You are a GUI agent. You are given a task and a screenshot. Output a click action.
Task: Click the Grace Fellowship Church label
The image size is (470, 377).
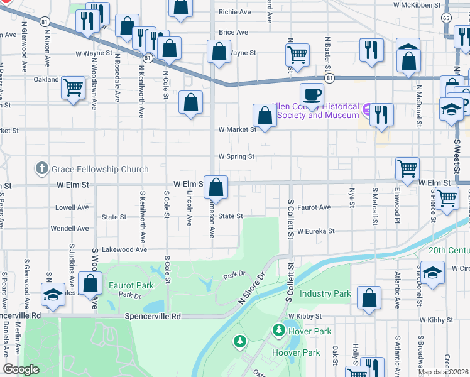(100, 169)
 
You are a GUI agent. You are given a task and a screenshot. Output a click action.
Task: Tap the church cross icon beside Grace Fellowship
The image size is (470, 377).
(42, 168)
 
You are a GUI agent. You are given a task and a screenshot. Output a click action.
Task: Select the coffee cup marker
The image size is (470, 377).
(312, 95)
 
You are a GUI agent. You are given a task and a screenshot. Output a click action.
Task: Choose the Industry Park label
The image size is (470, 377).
(325, 293)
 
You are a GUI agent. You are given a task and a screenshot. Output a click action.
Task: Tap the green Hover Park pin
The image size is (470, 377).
(278, 329)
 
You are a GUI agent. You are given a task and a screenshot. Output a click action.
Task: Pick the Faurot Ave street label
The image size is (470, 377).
(314, 207)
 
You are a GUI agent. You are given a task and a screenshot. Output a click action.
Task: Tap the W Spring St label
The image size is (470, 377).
(236, 156)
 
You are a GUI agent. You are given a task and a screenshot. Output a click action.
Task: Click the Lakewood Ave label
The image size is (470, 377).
(124, 249)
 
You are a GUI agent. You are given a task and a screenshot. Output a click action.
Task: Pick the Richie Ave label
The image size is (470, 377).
(234, 11)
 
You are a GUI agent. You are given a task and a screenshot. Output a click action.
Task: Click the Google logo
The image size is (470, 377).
(21, 369)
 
